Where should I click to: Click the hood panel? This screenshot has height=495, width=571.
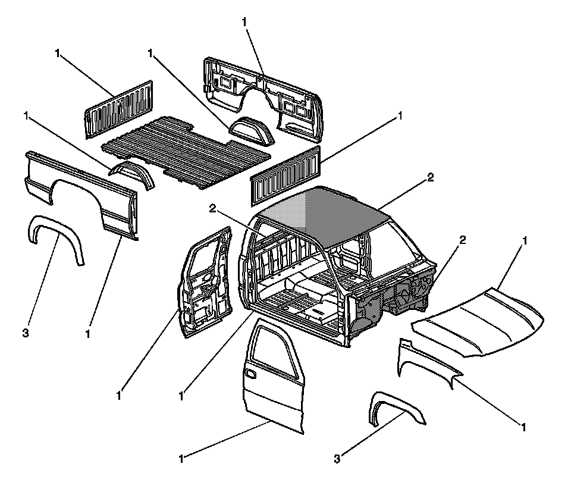pyautogui.click(x=482, y=321)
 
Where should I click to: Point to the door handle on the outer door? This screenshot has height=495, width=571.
pyautogui.click(x=250, y=374)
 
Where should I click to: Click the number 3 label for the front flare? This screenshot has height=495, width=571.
pyautogui.click(x=337, y=459)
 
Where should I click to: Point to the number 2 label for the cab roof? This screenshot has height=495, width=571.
pyautogui.click(x=431, y=177)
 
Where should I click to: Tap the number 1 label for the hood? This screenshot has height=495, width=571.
pyautogui.click(x=524, y=240)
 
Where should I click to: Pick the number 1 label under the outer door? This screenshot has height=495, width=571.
pyautogui.click(x=181, y=459)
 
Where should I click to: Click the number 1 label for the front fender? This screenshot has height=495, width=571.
pyautogui.click(x=523, y=427)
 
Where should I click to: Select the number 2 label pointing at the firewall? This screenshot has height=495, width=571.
pyautogui.click(x=462, y=240)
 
